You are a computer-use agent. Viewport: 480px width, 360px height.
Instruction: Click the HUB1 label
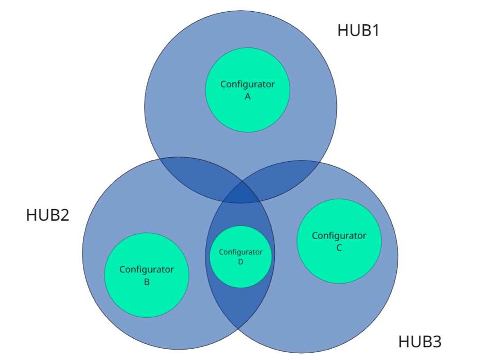point(358,31)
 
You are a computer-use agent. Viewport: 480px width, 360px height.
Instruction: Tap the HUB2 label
point(47,215)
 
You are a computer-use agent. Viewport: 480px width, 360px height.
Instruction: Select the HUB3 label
point(420,342)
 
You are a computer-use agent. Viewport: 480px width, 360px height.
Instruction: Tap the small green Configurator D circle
point(240,275)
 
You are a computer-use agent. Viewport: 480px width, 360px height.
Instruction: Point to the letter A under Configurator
point(247,96)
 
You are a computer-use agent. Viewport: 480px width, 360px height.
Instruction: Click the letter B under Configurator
point(146,282)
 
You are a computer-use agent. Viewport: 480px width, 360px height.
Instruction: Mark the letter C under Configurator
point(339,248)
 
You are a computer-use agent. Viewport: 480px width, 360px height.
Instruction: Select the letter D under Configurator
point(240,262)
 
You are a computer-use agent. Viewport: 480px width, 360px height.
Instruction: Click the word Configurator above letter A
point(247,84)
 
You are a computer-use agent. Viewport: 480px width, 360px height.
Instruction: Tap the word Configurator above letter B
point(146,269)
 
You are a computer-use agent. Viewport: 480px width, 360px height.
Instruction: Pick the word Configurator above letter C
point(339,236)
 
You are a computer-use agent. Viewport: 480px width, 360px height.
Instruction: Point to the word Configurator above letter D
point(240,252)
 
